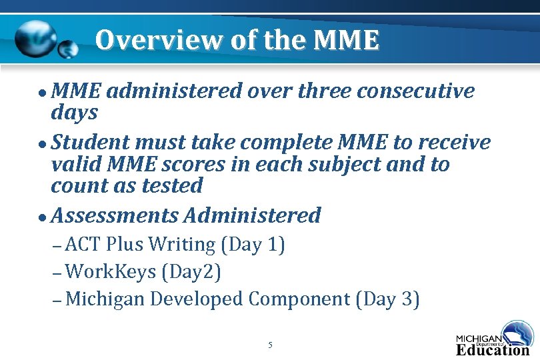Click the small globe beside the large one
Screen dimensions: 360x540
(67, 49)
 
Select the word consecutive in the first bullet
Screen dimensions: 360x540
(415, 91)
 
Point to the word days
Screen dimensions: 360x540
(74, 113)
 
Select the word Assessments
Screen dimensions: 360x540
(114, 215)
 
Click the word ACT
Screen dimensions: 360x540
(83, 245)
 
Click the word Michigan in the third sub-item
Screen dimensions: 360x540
(105, 299)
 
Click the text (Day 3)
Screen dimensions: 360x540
(388, 299)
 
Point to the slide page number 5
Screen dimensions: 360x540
(270, 345)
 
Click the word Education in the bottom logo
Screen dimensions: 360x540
(492, 349)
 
